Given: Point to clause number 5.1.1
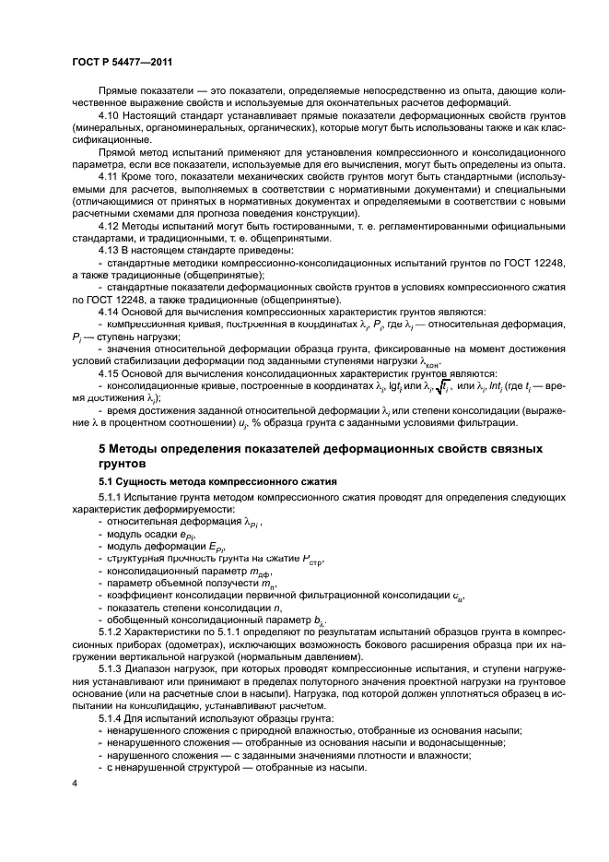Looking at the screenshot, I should pyautogui.click(x=112, y=498).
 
